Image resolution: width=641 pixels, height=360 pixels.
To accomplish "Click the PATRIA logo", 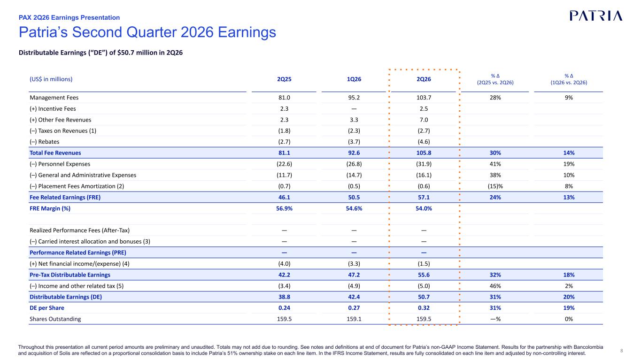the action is [596, 16].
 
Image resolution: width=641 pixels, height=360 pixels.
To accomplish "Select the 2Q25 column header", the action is [284, 79].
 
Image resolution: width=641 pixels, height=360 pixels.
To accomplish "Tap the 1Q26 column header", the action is [354, 79].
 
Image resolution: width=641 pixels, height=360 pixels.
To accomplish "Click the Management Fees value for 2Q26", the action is [424, 98].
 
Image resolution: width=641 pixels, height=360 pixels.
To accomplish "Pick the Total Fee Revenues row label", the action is [55, 153].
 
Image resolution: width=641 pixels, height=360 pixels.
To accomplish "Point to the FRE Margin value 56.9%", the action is [284, 208].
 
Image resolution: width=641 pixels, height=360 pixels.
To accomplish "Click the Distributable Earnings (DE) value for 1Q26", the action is [354, 297].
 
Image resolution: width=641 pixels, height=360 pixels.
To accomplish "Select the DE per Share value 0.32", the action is [424, 308].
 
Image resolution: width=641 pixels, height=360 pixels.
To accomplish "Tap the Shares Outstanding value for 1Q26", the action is [354, 319].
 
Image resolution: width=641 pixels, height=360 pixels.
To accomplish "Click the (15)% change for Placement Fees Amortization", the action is [495, 186].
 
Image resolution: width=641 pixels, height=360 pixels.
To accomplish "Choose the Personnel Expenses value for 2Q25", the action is [284, 164].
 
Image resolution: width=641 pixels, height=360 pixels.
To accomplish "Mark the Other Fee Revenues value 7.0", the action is [424, 120].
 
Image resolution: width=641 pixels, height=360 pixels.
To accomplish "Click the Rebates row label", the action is [44, 142].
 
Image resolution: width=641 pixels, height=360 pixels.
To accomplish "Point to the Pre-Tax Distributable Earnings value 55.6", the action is [424, 275].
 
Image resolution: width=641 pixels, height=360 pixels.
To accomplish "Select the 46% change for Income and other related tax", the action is [495, 286].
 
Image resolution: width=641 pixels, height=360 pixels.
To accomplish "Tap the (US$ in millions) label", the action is [51, 79].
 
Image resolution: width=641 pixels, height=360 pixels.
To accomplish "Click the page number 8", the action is [621, 351].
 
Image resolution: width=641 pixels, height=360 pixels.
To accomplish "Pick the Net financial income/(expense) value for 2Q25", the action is [284, 264].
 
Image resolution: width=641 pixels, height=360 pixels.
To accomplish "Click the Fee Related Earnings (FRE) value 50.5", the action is [354, 197].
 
